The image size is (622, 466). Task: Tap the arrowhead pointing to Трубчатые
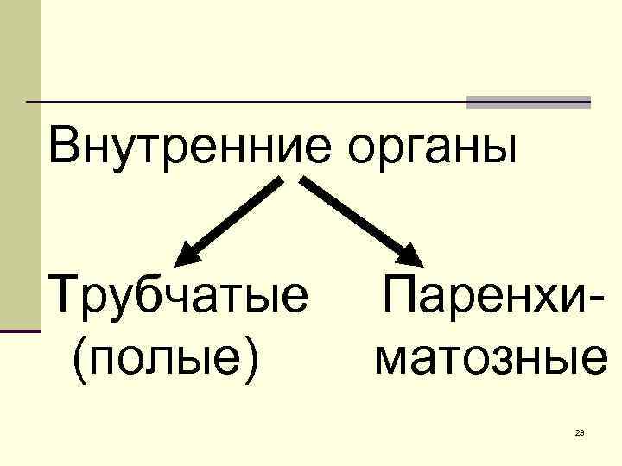188,254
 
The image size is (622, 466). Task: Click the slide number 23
580,431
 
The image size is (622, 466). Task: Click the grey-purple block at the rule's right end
529,102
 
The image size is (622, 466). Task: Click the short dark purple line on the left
21,331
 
